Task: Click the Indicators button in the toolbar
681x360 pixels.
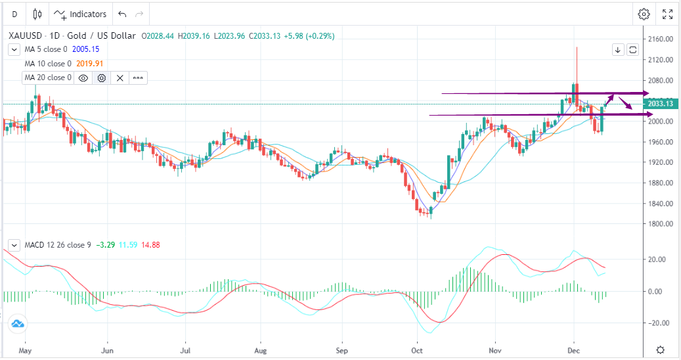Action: [x=80, y=14]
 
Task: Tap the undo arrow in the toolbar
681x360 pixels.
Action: [x=121, y=14]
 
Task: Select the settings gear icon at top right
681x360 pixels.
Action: [x=644, y=14]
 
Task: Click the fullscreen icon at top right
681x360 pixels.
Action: [x=667, y=14]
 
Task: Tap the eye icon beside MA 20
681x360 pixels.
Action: [x=83, y=78]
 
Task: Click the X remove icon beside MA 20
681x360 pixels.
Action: [x=120, y=78]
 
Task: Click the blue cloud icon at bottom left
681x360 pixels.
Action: [x=17, y=323]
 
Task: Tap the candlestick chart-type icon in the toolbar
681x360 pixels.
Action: [x=37, y=14]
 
